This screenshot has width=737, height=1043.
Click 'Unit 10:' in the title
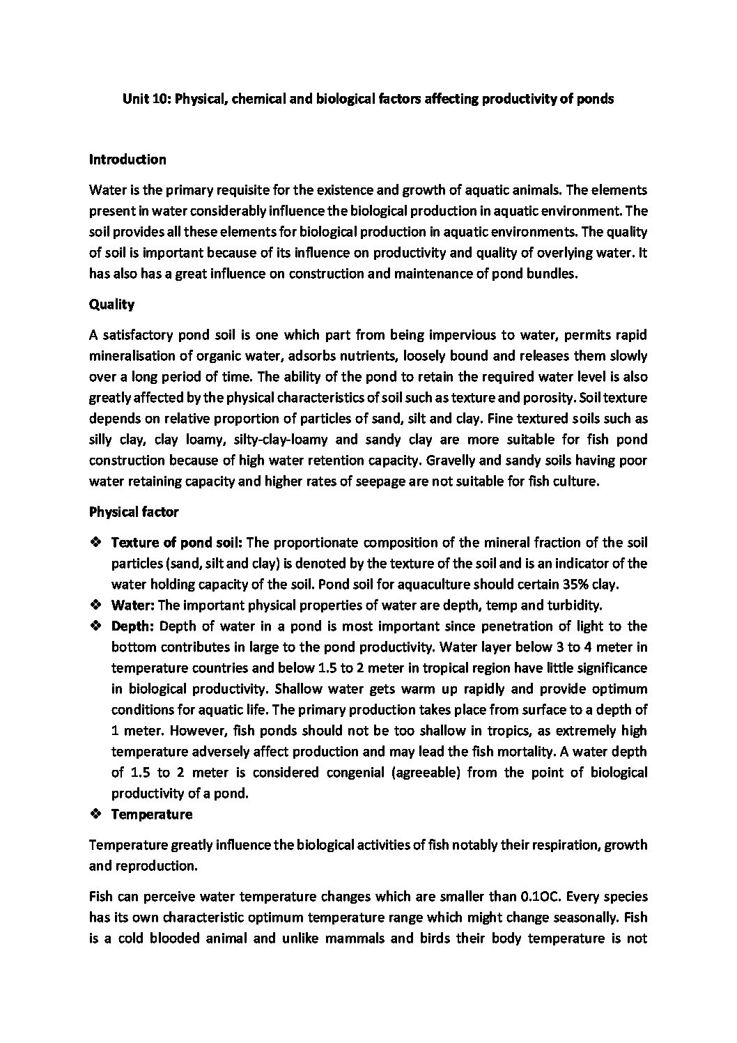pyautogui.click(x=147, y=99)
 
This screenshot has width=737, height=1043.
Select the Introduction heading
pyautogui.click(x=127, y=160)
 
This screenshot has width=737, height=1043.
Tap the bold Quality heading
pyautogui.click(x=111, y=304)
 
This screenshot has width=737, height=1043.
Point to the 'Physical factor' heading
pyautogui.click(x=134, y=512)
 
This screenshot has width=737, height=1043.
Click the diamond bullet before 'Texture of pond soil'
pyautogui.click(x=96, y=542)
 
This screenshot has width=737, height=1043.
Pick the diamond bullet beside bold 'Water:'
pyautogui.click(x=96, y=605)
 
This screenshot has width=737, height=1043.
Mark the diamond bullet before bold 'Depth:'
pyautogui.click(x=96, y=626)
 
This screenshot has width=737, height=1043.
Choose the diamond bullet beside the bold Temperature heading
pyautogui.click(x=96, y=814)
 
